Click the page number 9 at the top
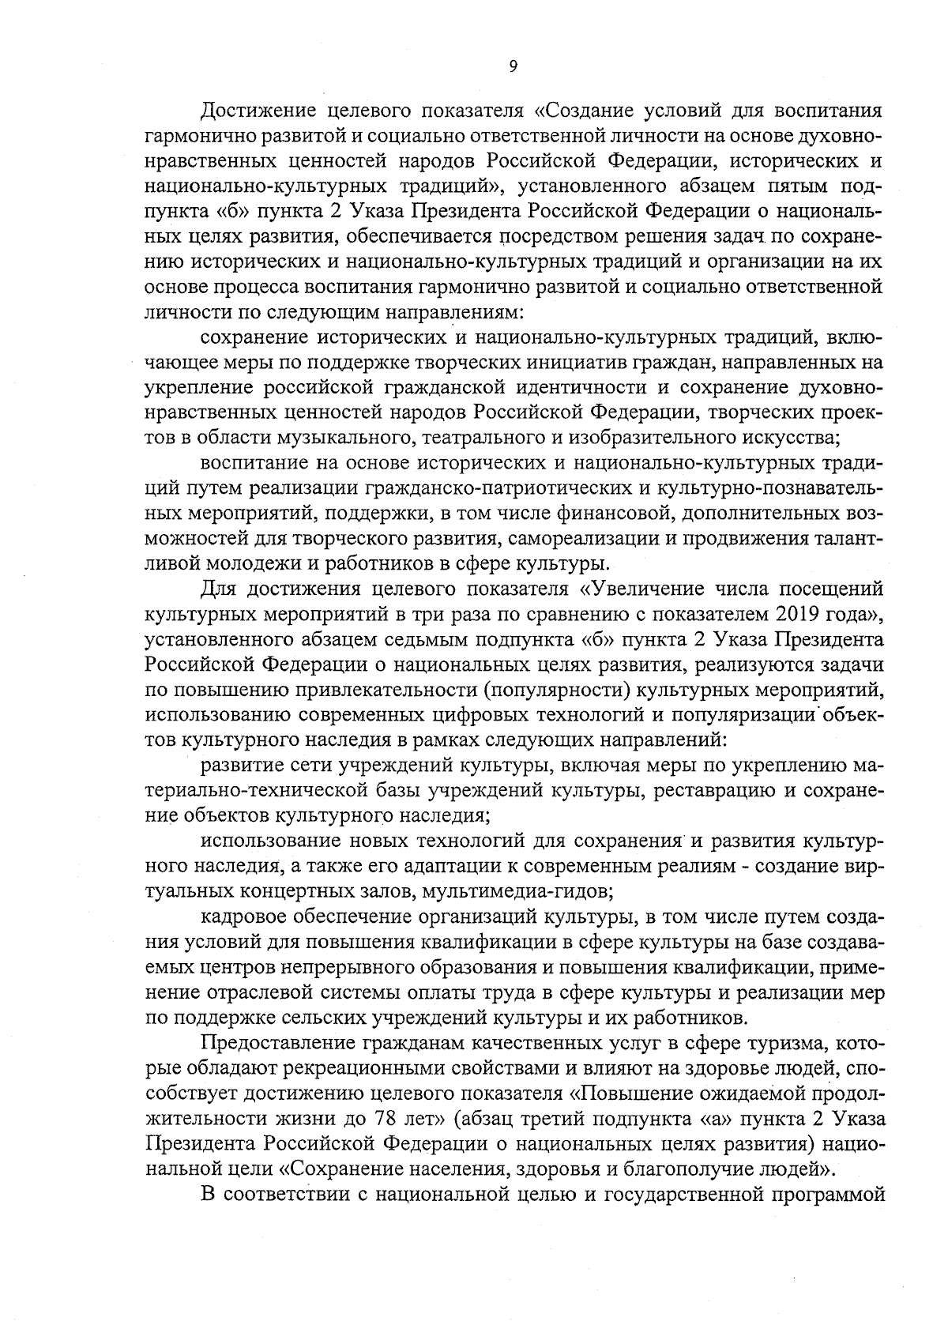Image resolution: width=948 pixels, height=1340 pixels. [513, 66]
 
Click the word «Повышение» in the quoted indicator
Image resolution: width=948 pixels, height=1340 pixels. [632, 1095]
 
